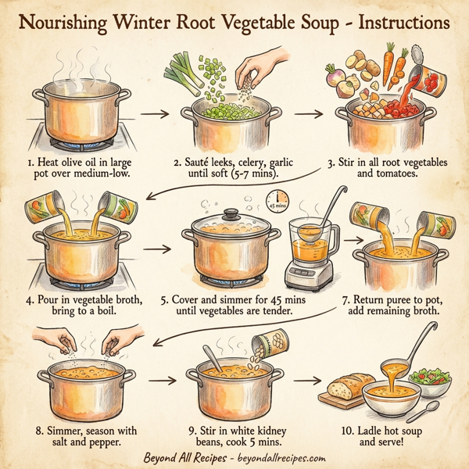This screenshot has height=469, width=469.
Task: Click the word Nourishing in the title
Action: pyautogui.click(x=69, y=21)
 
